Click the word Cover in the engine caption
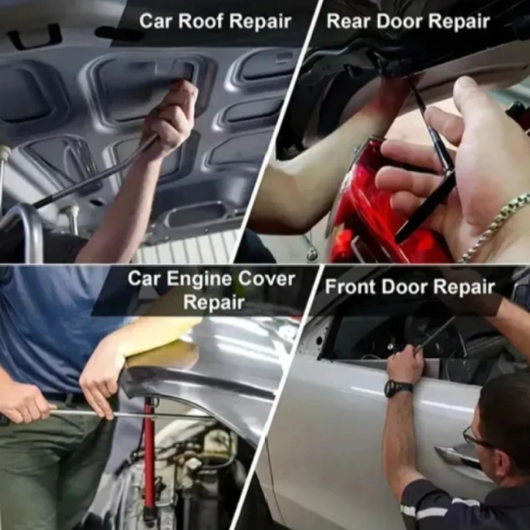[266, 279]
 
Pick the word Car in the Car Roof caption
[156, 21]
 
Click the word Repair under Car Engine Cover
[213, 302]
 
